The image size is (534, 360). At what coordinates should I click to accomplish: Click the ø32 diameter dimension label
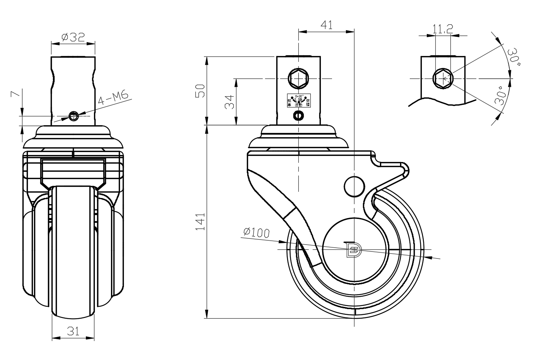click(x=73, y=37)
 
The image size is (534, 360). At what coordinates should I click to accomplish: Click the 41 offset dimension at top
click(x=327, y=25)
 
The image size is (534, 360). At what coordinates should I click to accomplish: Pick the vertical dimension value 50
click(x=200, y=91)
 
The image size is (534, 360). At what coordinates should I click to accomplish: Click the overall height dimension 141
click(x=200, y=222)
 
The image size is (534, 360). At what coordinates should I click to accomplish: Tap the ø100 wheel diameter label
click(x=256, y=232)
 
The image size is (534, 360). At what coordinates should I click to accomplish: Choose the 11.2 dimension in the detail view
click(x=443, y=29)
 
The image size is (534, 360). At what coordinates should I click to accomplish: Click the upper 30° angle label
click(x=513, y=57)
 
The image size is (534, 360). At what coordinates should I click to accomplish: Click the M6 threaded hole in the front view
click(x=73, y=115)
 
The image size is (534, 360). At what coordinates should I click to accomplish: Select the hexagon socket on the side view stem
click(x=298, y=79)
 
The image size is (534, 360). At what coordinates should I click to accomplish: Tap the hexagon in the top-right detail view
click(x=443, y=78)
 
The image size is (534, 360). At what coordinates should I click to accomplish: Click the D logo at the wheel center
click(x=353, y=249)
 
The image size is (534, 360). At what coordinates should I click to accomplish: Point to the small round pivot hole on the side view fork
click(x=354, y=186)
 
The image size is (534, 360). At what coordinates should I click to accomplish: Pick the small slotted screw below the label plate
click(x=298, y=115)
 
